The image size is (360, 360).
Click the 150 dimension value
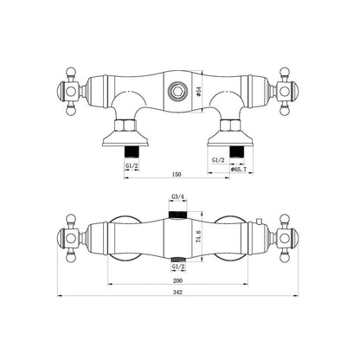click(177, 174)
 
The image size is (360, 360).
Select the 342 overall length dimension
click(177, 292)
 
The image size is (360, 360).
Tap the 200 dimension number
click(177, 280)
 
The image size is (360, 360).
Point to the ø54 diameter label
click(198, 91)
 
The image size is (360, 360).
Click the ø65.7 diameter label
click(238, 170)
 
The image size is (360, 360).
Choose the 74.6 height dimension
click(198, 236)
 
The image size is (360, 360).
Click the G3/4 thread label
click(178, 196)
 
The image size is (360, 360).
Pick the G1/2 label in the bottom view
click(178, 267)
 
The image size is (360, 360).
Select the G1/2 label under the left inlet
click(132, 166)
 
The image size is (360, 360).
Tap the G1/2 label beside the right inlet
click(218, 160)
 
